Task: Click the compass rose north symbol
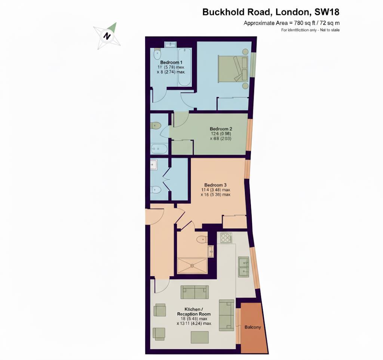107,36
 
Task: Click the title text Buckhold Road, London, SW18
271,12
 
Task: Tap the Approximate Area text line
291,23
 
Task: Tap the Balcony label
252,327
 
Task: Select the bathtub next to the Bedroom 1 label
185,67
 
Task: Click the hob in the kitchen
226,238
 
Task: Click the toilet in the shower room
202,238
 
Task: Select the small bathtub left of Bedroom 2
159,149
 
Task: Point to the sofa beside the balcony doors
226,315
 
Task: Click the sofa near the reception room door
194,292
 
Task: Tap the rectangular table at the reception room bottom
200,337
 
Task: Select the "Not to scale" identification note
310,30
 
